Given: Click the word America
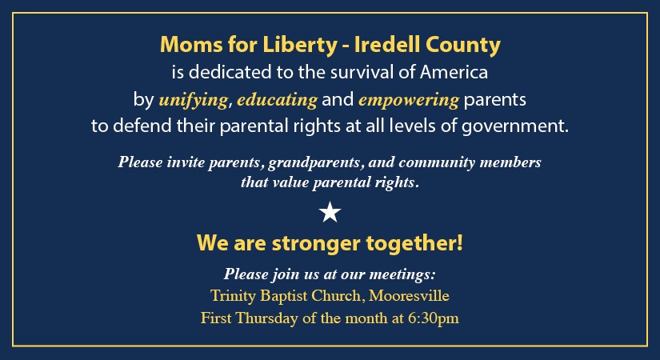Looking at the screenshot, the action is pos(454,72).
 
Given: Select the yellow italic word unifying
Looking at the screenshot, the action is pos(194,100).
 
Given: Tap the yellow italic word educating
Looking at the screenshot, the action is pos(277,100).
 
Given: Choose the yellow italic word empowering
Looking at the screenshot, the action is pos(408,100).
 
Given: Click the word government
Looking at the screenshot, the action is pos(515,126).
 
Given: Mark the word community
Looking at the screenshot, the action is pos(437,162).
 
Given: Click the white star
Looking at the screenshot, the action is pos(330,212).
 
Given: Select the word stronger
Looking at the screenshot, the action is pos(316,244).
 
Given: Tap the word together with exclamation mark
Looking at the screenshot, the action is pos(414,244).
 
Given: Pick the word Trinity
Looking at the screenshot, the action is pos(233,296).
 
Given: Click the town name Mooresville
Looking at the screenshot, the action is pos(409,295).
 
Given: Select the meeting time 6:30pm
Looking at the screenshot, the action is pos(433,318).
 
